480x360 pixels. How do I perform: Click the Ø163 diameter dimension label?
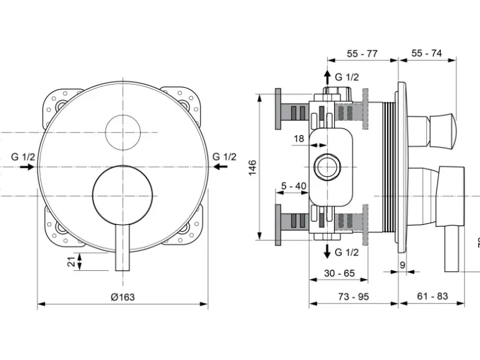122,297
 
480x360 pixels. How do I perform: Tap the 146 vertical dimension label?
252,168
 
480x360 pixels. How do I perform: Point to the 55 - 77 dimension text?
362,54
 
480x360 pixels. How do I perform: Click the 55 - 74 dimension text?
426,54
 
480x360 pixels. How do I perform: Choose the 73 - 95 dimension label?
353,296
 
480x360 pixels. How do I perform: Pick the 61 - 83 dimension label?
432,296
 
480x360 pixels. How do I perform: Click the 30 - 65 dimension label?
339,273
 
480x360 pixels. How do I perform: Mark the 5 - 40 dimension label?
294,186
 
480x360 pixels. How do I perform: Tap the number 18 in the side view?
299,138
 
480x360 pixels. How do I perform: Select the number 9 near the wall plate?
403,265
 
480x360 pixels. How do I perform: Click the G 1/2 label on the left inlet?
23,156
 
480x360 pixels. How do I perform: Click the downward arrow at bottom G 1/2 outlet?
326,252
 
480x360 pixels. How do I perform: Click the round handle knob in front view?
122,194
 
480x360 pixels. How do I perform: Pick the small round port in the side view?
326,166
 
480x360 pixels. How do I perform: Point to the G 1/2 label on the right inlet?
224,156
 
